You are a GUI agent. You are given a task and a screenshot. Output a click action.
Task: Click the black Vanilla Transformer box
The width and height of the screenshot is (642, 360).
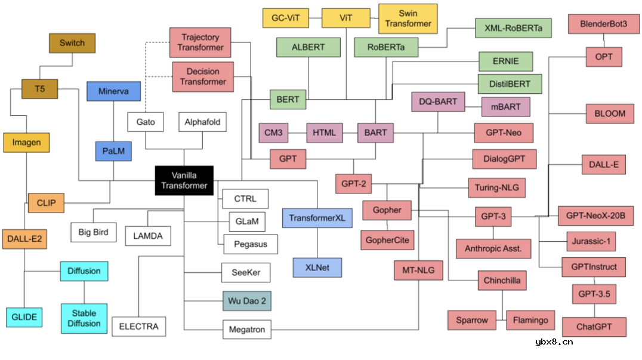point(184,180)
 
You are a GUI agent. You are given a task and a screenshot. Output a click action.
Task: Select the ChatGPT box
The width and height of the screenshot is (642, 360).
point(594,327)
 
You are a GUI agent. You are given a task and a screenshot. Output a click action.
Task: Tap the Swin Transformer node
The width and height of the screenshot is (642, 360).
point(408,19)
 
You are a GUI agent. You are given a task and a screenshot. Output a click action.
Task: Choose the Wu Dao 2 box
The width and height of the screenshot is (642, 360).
point(246,300)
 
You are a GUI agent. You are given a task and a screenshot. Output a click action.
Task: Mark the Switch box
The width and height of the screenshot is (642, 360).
point(72,43)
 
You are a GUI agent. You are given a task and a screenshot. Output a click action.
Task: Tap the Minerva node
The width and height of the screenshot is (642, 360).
point(113,91)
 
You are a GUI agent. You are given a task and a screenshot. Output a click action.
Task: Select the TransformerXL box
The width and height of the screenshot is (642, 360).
point(317,218)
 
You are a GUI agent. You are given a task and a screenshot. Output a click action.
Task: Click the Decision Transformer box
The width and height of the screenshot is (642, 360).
point(203,76)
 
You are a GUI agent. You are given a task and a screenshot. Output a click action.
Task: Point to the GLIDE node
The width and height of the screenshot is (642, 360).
point(24,317)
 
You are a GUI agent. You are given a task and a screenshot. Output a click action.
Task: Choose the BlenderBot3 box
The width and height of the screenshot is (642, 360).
point(603,24)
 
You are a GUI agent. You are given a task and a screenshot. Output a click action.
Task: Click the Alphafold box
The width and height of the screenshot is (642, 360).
point(202,122)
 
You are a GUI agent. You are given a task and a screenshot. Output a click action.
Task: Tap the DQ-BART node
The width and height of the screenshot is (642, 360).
point(437,101)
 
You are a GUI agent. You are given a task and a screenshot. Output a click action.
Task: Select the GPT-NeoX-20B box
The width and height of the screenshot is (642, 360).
point(595,216)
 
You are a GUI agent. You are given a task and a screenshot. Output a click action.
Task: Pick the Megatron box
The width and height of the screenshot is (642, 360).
point(246,329)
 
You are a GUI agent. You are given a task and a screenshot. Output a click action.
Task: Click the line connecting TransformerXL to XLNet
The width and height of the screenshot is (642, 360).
point(317,243)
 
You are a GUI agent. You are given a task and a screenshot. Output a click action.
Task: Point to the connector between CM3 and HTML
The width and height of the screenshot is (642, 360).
point(297,133)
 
